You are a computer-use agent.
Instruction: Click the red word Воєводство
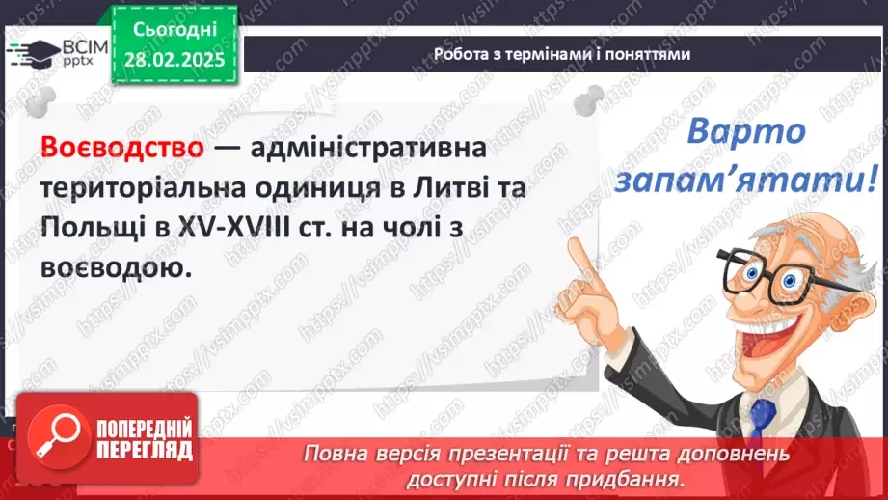pos(122,150)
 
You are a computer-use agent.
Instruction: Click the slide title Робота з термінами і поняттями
pos(562,54)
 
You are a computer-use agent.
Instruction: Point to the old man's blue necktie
pos(764,425)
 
